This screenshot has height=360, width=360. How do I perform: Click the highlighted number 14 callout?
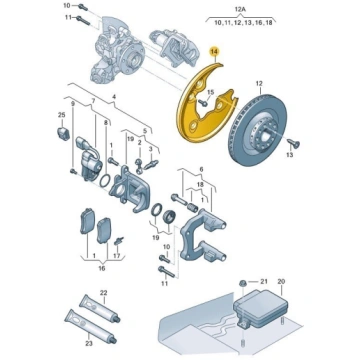click(215, 52)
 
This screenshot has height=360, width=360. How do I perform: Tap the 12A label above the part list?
click(240, 10)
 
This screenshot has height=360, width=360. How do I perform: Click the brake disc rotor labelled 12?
click(257, 131)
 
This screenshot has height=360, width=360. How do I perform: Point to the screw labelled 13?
click(294, 143)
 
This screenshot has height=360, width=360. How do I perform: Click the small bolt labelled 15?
click(203, 102)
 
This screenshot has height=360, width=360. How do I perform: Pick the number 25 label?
click(61, 115)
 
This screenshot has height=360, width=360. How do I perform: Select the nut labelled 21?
click(242, 283)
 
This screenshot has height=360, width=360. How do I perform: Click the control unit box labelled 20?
click(260, 304)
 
